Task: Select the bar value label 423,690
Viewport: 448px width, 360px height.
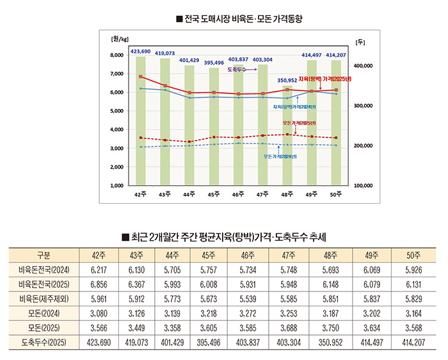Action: (x=140, y=51)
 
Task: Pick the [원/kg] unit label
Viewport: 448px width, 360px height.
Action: (x=121, y=40)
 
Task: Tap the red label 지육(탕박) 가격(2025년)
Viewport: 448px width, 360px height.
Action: (x=325, y=79)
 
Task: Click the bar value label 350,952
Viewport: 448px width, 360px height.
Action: (x=287, y=80)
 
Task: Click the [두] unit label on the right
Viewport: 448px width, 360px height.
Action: (x=358, y=42)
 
